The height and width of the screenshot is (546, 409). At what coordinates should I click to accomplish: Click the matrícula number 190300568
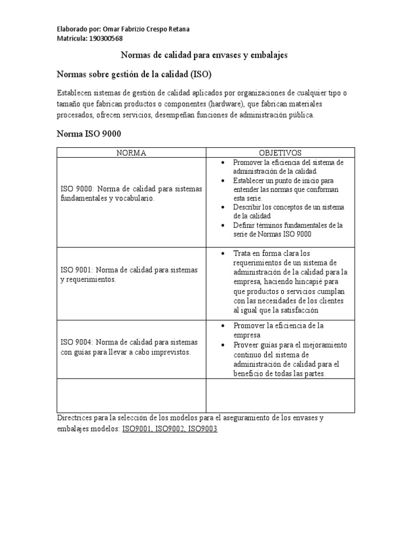pyautogui.click(x=106, y=38)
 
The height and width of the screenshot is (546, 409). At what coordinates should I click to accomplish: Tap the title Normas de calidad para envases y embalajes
pyautogui.click(x=204, y=55)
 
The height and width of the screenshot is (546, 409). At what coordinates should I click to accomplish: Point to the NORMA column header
pyautogui.click(x=131, y=153)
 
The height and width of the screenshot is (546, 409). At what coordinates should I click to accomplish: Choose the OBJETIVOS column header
pyautogui.click(x=280, y=153)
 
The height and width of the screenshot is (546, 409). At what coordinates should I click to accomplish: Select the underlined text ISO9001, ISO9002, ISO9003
pyautogui.click(x=169, y=429)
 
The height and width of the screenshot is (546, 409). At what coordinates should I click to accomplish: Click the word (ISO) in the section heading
pyautogui.click(x=203, y=73)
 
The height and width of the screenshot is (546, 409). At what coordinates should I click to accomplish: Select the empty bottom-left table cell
pyautogui.click(x=131, y=396)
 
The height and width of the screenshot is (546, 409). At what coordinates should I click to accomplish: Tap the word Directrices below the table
pyautogui.click(x=76, y=418)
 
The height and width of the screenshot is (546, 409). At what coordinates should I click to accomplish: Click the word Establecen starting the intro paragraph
pyautogui.click(x=76, y=93)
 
